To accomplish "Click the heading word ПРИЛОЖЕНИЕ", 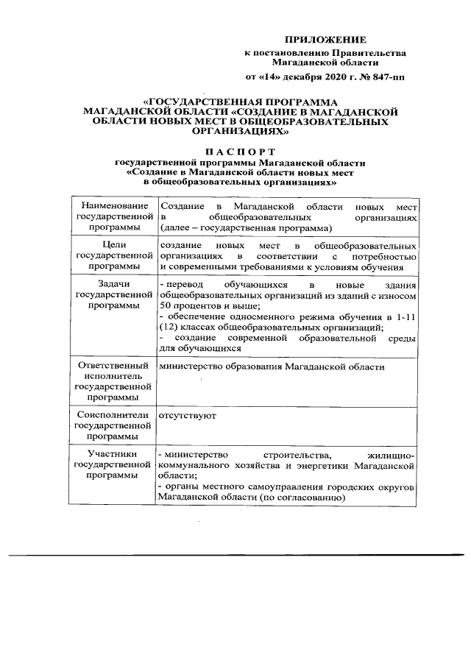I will (x=325, y=38).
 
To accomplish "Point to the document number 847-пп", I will (x=386, y=77).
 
